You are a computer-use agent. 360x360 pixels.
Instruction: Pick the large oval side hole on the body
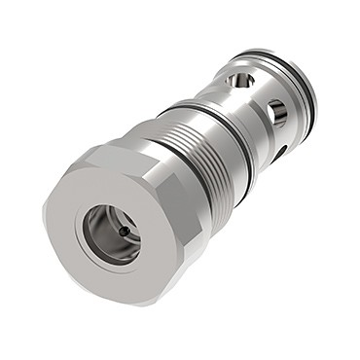point(278,114)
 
